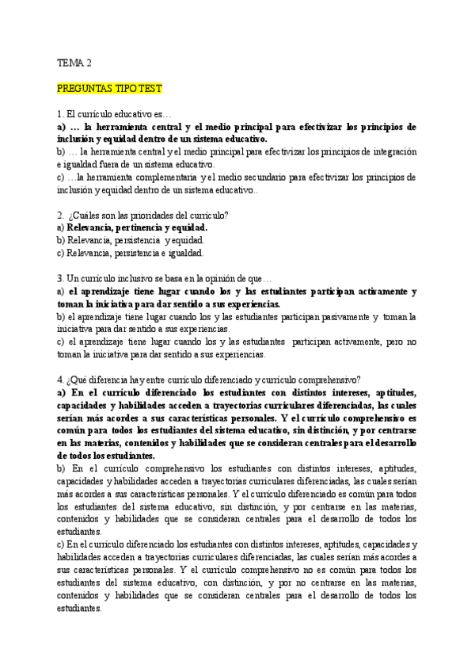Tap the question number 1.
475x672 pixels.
[x=59, y=114]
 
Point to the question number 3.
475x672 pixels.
[x=59, y=279]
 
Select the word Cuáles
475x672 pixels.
[x=88, y=215]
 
